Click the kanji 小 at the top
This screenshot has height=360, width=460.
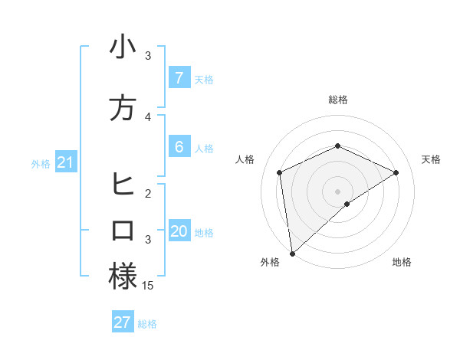click(123, 47)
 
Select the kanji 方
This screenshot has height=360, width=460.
click(123, 108)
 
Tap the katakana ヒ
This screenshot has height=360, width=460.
click(123, 185)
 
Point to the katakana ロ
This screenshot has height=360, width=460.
click(123, 231)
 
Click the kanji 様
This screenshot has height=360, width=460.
click(123, 277)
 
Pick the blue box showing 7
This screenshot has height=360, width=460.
click(179, 77)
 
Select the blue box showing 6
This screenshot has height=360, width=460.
click(179, 146)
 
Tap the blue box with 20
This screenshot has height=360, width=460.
click(179, 231)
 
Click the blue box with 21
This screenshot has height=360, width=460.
click(65, 162)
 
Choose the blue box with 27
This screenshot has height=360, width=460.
click(122, 322)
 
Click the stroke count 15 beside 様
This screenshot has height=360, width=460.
click(148, 285)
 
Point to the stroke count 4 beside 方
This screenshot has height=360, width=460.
click(148, 116)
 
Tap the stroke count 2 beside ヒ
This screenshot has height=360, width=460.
click(148, 193)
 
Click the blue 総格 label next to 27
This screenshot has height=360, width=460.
click(147, 324)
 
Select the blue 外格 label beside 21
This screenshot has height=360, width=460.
click(41, 163)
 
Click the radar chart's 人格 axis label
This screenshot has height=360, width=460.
click(245, 159)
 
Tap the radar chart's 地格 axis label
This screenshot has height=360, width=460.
click(402, 262)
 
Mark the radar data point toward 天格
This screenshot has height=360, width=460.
click(396, 172)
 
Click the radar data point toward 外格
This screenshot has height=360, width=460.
click(292, 253)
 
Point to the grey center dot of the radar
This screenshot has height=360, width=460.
click(337, 191)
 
